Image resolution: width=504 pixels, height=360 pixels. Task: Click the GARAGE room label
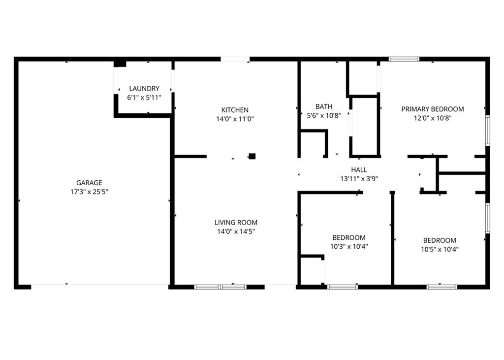(89, 183)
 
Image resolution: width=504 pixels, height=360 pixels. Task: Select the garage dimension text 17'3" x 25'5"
(89, 192)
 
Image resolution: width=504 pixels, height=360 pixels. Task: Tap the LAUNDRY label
(144, 89)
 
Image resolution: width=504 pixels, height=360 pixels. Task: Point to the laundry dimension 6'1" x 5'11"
(144, 98)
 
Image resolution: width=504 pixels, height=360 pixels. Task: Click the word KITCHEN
(235, 110)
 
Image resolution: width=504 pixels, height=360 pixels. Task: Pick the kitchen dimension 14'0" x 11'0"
(235, 119)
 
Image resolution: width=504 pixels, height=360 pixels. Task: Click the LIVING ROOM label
(236, 222)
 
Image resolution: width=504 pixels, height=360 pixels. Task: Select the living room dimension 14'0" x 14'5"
(236, 231)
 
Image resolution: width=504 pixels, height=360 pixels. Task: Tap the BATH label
(324, 106)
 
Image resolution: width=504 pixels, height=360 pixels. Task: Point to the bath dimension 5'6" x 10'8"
(324, 116)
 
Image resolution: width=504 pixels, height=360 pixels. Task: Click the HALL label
(359, 169)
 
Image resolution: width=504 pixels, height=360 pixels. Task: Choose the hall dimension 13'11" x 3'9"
(359, 179)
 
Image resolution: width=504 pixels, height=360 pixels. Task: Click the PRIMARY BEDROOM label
(432, 109)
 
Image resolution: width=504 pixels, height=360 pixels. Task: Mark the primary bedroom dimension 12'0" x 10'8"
(432, 118)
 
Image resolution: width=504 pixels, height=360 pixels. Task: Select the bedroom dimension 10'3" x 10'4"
(349, 247)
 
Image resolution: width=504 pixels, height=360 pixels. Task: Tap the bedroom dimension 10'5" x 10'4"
(440, 249)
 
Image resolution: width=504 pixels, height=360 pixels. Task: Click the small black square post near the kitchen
(252, 156)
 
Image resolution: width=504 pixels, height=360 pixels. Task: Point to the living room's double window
(220, 287)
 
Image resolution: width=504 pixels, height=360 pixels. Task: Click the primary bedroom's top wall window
(404, 59)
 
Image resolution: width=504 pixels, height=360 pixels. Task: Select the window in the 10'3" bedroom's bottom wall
(343, 287)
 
